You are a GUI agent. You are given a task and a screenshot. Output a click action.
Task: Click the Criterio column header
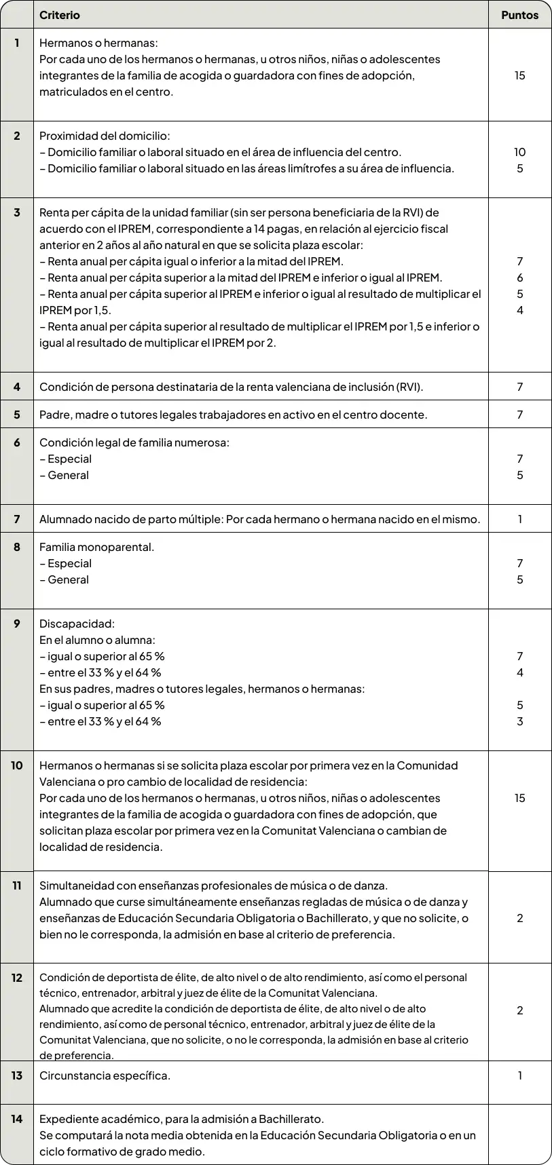coord(60,15)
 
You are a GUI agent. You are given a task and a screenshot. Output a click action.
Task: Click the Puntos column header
coord(519,15)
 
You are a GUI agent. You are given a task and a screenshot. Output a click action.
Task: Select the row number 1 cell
coord(17,43)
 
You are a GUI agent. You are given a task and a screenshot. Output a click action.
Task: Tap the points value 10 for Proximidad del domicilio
coord(519,152)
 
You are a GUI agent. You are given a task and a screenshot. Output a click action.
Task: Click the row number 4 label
coord(17,387)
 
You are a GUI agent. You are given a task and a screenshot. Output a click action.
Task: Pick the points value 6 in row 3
coord(519,278)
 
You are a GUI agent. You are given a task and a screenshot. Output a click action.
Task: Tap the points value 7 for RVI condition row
coord(519,387)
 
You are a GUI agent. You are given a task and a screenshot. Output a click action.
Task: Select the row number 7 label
coord(17,519)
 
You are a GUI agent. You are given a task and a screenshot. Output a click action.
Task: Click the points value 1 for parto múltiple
coord(519,519)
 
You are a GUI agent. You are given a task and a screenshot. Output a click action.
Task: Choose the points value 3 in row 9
coord(519,721)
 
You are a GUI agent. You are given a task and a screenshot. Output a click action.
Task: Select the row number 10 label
coord(17,765)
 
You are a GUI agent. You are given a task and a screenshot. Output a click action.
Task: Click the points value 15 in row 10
coord(519,798)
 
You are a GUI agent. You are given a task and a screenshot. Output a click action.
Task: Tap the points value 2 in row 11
coord(519,918)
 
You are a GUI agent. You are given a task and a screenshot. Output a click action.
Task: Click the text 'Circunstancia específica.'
coord(105,1075)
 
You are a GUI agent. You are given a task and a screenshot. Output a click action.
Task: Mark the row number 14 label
coord(17,1119)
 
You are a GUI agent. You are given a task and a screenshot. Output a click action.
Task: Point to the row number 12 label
coord(17,978)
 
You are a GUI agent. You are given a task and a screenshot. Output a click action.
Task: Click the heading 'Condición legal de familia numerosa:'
coord(134,442)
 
